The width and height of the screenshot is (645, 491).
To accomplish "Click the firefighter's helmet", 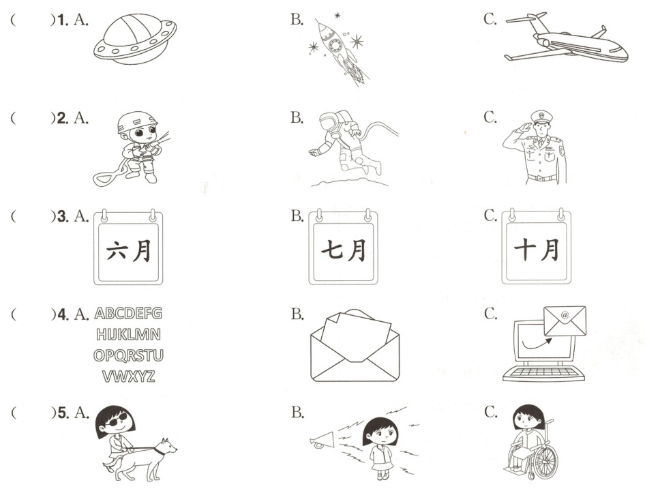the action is coord(136,121).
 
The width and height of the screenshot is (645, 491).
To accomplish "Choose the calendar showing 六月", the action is coord(128,247).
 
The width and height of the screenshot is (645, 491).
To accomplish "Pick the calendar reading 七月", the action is coord(343,247).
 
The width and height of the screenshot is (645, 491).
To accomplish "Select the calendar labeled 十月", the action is coord(536,247).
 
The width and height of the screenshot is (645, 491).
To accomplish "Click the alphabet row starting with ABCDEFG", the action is coord(128,314).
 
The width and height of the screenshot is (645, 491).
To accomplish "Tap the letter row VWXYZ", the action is coord(129,376).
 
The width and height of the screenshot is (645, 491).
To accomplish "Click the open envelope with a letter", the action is coord(355,346).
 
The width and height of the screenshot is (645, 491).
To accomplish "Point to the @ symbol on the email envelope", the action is coord(565,315).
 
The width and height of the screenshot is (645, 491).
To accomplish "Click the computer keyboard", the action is coord(543,373).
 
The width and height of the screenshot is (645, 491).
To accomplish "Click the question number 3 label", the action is coord(63,216).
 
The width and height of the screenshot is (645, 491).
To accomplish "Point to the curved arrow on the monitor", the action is coord(537,344).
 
